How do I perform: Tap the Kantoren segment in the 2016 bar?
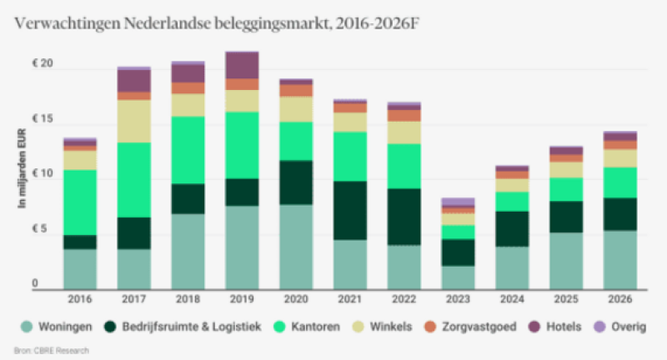pyautogui.click(x=79, y=202)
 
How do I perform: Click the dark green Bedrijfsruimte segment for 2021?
pyautogui.click(x=350, y=210)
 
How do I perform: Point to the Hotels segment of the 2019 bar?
pyautogui.click(x=241, y=64)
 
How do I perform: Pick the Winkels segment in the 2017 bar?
pyautogui.click(x=133, y=121)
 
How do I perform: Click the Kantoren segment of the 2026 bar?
pyautogui.click(x=620, y=182)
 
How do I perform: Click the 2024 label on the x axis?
pyautogui.click(x=512, y=298)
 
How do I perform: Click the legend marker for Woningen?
pyautogui.click(x=27, y=327)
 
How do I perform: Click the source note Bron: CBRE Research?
pyautogui.click(x=52, y=350)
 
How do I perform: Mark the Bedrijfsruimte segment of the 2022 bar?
pyautogui.click(x=404, y=217)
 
